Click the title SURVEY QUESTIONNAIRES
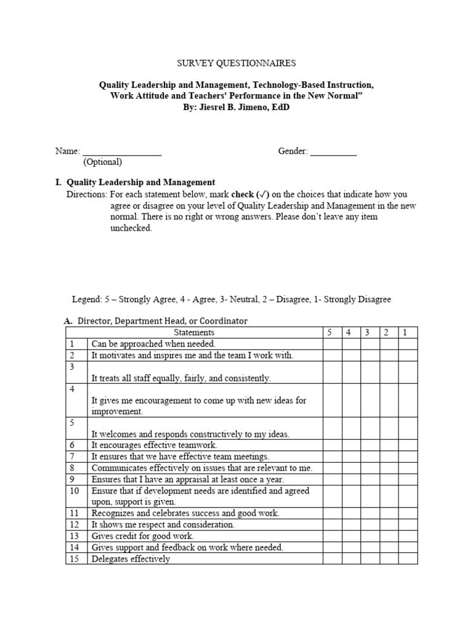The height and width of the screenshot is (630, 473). coord(236,63)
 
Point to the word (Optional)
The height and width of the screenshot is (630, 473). coord(103,162)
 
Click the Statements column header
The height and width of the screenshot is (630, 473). coord(194,332)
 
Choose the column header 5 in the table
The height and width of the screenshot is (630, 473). coord(329,332)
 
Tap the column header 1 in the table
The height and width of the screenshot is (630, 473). coord(405,332)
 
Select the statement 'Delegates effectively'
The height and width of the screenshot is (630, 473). coord(131,559)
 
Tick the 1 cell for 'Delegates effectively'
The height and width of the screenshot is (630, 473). coord(408,559)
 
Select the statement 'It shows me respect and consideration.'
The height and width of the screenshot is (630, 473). coord(163,525)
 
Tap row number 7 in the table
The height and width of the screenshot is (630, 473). coord(72,457)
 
